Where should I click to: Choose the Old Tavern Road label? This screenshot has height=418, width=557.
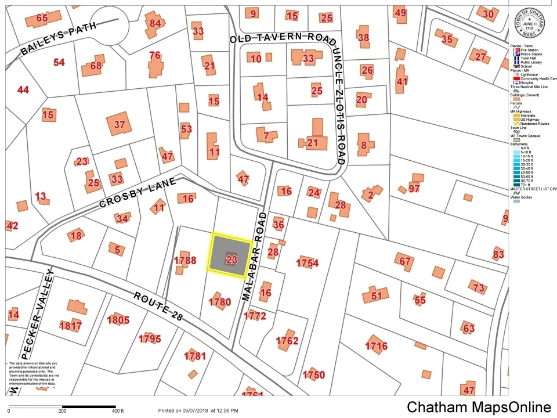(283, 39)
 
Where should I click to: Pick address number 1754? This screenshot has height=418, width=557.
(308, 263)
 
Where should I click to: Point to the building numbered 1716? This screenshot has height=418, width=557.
(376, 346)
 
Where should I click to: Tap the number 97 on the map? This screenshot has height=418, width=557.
(414, 188)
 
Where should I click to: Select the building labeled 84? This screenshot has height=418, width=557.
(155, 23)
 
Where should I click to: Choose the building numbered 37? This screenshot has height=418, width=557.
(120, 124)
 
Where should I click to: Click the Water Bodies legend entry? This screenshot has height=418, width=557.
(521, 197)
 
